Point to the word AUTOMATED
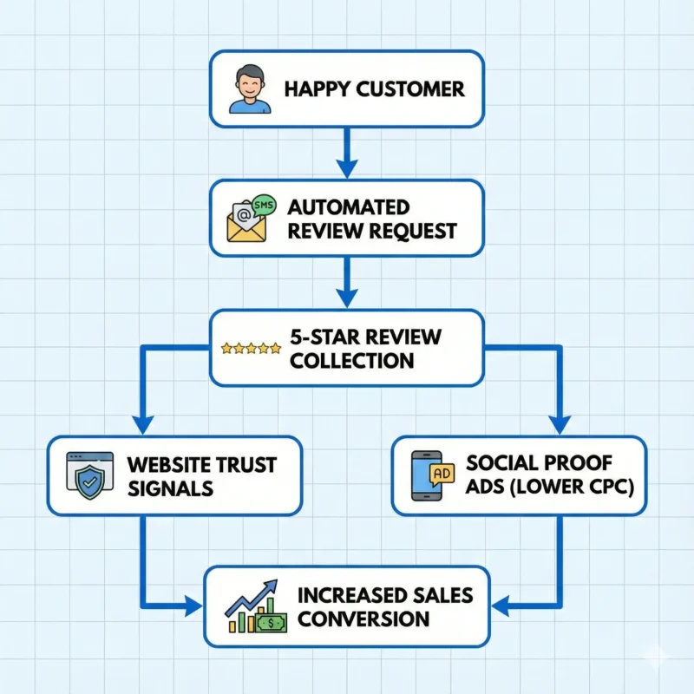348,207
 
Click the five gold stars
251,348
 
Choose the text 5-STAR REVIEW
365,337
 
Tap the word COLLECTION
351,360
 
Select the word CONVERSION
363,619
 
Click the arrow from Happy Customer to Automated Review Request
346,153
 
